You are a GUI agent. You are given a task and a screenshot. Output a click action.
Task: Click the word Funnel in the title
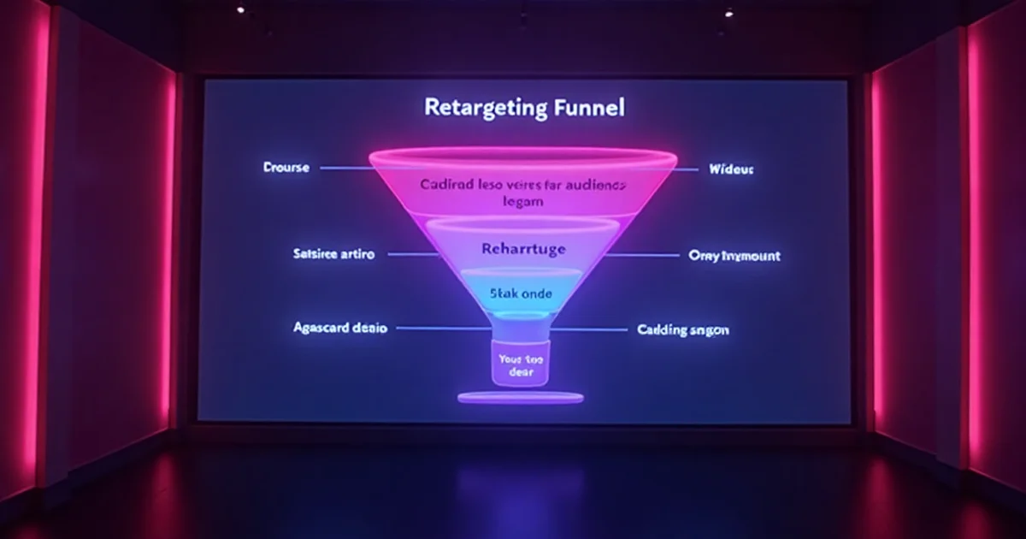pyautogui.click(x=587, y=108)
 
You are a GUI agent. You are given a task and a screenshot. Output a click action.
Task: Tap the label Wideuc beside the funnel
pyautogui.click(x=731, y=169)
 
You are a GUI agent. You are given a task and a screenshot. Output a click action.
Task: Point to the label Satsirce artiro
pyautogui.click(x=333, y=254)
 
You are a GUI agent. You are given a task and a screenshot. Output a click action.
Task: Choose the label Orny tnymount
pyautogui.click(x=734, y=256)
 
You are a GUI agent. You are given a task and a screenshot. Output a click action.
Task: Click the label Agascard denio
pyautogui.click(x=340, y=328)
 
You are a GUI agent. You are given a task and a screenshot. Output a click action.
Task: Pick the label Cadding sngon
pyautogui.click(x=683, y=329)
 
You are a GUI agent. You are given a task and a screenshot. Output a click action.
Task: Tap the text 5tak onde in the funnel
pyautogui.click(x=521, y=293)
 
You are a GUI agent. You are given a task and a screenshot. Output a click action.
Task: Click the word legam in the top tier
pyautogui.click(x=523, y=203)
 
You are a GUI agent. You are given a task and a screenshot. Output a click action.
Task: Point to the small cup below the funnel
pyautogui.click(x=521, y=364)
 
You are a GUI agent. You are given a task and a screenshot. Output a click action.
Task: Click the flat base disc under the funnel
pyautogui.click(x=520, y=397)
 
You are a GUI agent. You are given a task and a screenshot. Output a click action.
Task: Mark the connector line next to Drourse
pyautogui.click(x=346, y=169)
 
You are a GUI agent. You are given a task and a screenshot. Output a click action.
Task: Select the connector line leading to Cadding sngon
pyautogui.click(x=590, y=329)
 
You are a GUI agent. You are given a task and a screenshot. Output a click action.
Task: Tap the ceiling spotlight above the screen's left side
pyautogui.click(x=240, y=9)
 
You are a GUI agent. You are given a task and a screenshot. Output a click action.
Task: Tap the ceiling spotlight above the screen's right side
pyautogui.click(x=728, y=13)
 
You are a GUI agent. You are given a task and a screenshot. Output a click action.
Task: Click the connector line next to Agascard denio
pyautogui.click(x=440, y=328)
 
